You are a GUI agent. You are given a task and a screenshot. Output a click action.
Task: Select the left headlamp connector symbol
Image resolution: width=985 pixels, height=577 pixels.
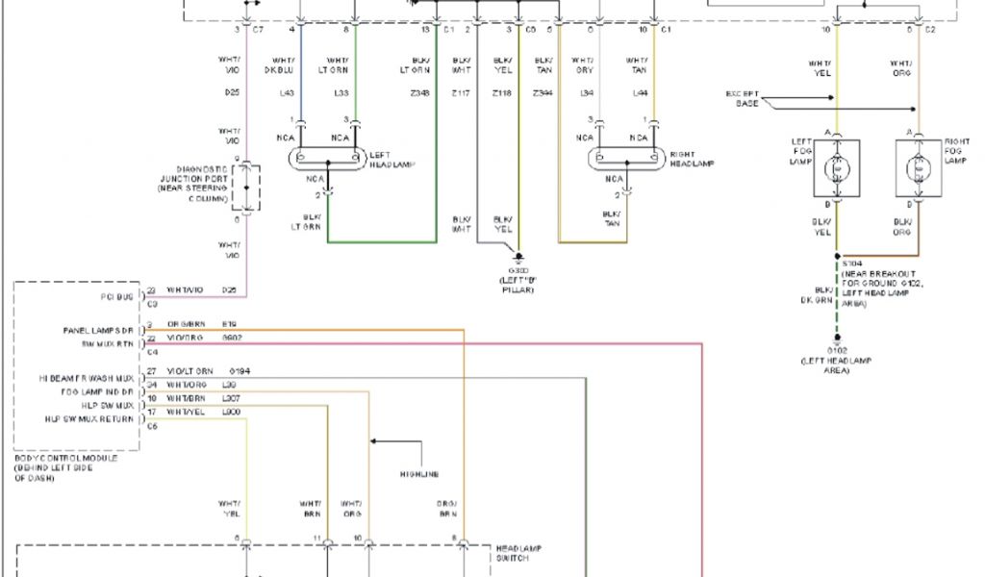pyautogui.click(x=328, y=156)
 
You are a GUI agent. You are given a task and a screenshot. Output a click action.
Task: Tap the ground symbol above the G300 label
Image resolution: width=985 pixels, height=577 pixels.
pyautogui.click(x=519, y=258)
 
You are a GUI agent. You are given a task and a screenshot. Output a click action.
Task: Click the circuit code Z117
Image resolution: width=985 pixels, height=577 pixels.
pyautogui.click(x=462, y=93)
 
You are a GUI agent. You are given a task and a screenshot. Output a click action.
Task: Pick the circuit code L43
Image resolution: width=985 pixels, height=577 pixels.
pyautogui.click(x=287, y=93)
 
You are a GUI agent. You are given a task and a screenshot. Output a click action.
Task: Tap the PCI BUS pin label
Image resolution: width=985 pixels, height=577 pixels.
pyautogui.click(x=116, y=296)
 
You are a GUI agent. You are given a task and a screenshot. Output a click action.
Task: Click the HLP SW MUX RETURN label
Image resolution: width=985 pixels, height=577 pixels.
pyautogui.click(x=91, y=418)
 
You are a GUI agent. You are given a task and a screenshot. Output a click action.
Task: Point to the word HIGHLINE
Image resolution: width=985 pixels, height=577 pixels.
pyautogui.click(x=419, y=474)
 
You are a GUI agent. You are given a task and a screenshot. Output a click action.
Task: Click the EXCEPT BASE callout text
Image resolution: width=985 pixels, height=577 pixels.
pyautogui.click(x=747, y=98)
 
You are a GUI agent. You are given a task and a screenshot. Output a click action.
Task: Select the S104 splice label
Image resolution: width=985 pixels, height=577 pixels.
pyautogui.click(x=851, y=262)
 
